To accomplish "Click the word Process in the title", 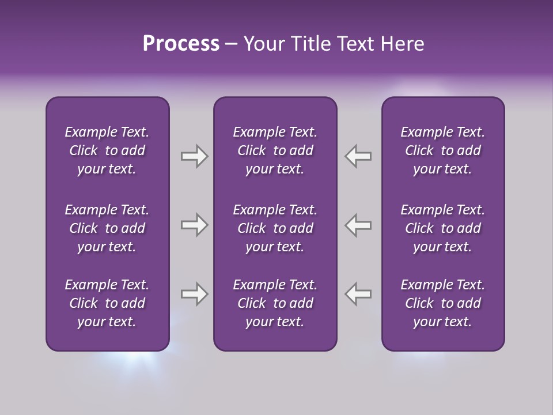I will click(181, 44).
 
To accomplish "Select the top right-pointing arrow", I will click(194, 156).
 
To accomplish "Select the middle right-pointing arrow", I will click(194, 225).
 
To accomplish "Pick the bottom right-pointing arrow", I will click(194, 294).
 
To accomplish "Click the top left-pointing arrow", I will click(358, 156).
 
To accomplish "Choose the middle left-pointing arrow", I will click(358, 225).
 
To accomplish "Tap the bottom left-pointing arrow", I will click(358, 294).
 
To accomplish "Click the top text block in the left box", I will click(107, 150).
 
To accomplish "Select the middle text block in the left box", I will click(107, 228).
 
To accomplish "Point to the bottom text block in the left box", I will click(107, 303).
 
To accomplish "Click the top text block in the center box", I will click(275, 150).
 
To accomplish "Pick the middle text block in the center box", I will click(275, 228).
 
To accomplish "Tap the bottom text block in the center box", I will click(275, 303).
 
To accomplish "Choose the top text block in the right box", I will click(442, 150).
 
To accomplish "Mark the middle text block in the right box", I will click(442, 228).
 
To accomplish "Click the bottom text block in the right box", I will click(442, 303).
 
